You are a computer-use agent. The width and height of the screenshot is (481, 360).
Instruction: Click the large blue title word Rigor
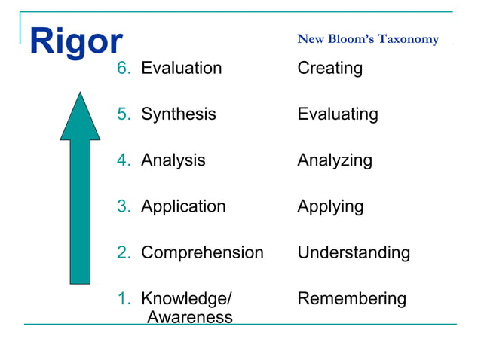[x=75, y=43]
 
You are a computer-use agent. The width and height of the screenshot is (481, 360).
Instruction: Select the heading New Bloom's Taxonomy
[x=368, y=39]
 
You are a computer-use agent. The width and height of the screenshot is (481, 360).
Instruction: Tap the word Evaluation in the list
[x=182, y=69]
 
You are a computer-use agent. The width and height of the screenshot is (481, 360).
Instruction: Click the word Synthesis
[x=179, y=114]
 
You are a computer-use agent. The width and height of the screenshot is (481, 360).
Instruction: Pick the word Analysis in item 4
[x=173, y=160]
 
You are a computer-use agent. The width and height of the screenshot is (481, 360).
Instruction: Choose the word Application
[x=183, y=206]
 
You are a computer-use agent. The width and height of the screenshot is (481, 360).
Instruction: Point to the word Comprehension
[x=202, y=252]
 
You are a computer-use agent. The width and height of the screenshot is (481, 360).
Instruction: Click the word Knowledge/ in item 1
[x=187, y=299]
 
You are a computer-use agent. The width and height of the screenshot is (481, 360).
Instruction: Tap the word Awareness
[x=189, y=317]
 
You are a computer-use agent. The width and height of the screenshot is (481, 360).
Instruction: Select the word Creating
[x=329, y=69]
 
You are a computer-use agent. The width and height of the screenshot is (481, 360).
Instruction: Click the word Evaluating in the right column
[x=338, y=114]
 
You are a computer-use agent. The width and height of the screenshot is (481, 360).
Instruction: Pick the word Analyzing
[x=335, y=160]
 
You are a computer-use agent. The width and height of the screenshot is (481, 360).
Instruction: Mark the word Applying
[x=330, y=206]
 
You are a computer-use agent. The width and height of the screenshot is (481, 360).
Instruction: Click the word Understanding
[x=354, y=252]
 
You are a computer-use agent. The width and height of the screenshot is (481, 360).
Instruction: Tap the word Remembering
[x=351, y=299]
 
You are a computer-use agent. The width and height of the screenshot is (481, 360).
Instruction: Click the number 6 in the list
[x=123, y=69]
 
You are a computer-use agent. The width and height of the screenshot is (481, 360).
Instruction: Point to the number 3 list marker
[x=123, y=206]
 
